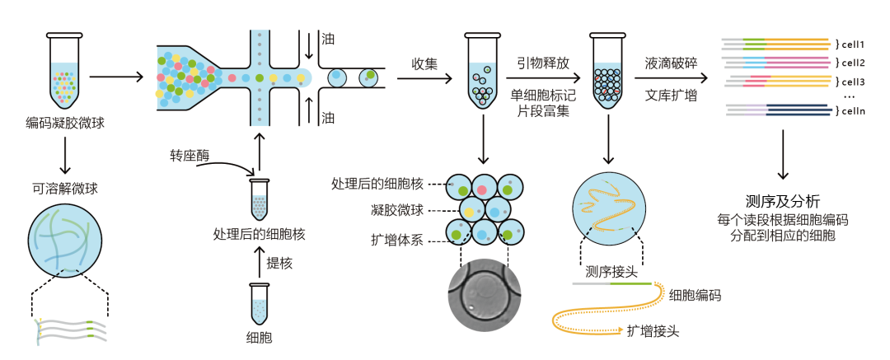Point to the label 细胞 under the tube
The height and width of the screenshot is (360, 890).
(260, 337)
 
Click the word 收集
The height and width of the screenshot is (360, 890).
(424, 63)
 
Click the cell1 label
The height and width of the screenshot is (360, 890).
(853, 44)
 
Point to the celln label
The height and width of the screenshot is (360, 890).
(853, 111)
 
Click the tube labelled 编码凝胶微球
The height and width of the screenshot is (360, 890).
(64, 72)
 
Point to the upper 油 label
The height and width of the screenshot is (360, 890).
(328, 39)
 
